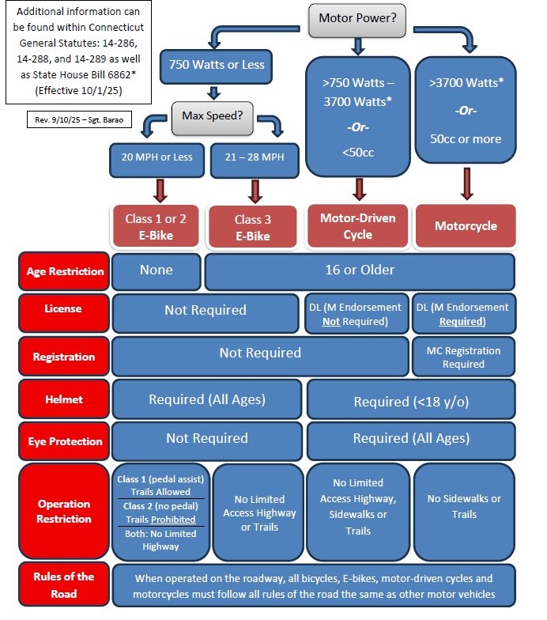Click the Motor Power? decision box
tap(356, 18)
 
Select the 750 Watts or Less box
tap(217, 66)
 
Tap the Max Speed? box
tap(213, 116)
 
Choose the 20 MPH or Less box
tap(158, 157)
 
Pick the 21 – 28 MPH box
tap(255, 157)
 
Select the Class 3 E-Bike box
tap(252, 227)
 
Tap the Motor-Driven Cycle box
tap(357, 225)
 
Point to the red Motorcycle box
tap(466, 226)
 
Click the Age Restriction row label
tap(65, 271)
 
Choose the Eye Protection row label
tap(65, 441)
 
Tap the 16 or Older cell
tap(360, 270)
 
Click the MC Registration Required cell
tap(463, 357)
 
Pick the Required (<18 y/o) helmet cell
tap(410, 401)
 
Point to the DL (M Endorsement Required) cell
tap(463, 314)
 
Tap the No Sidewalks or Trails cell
tap(463, 506)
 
